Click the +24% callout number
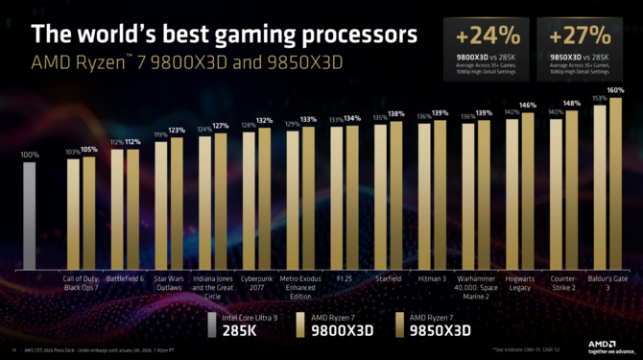(x=488, y=36)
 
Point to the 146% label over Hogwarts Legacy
(x=528, y=106)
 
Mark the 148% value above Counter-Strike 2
(x=572, y=103)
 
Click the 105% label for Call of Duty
(x=89, y=150)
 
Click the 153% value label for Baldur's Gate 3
(x=599, y=98)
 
